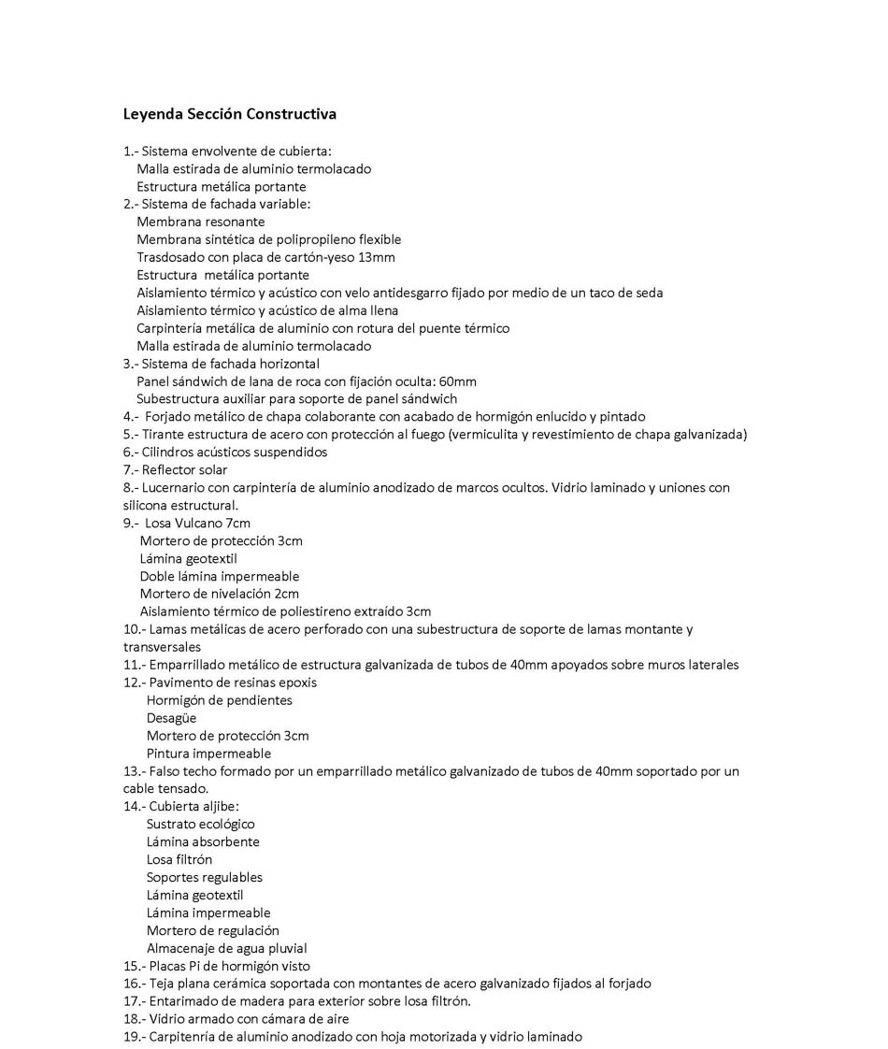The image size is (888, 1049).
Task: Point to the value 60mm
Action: [458, 381]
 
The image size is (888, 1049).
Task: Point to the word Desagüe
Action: [171, 718]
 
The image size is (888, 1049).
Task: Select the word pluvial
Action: [286, 948]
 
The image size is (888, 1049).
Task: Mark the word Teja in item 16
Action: [164, 984]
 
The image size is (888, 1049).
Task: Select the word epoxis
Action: [295, 683]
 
